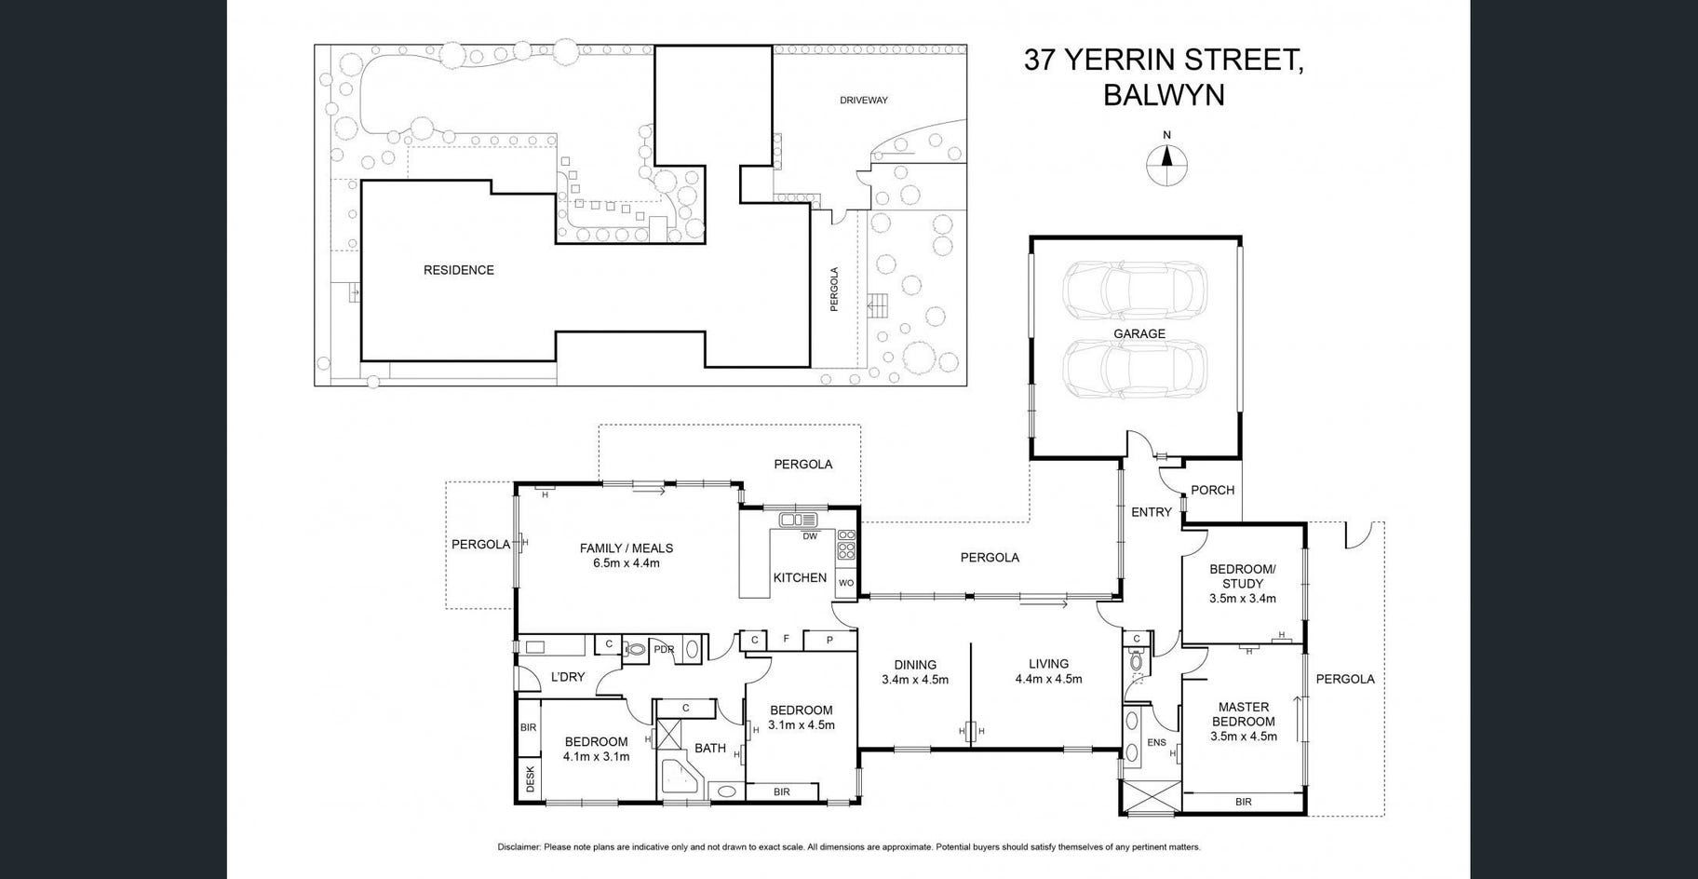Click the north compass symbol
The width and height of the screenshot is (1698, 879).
point(1166,160)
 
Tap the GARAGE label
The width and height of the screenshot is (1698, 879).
point(1139,333)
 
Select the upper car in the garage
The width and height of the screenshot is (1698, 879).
point(1135,291)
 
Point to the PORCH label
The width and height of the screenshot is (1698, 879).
point(1212,490)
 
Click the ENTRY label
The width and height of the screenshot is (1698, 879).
point(1152,512)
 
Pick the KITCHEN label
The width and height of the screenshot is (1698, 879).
point(800,577)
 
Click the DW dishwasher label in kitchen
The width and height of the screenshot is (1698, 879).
point(810,535)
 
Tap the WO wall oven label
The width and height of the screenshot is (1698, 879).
point(846,583)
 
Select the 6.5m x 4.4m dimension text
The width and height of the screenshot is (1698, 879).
point(627,562)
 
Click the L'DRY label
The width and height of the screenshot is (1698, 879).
point(567,677)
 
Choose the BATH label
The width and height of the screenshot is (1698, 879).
point(710,748)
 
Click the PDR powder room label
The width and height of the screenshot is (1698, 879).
point(664,649)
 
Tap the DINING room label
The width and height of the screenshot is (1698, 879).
point(915,665)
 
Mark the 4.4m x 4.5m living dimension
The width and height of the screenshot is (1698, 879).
point(1048,679)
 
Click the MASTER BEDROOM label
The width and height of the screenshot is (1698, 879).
point(1243,714)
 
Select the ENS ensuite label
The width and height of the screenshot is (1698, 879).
point(1156,743)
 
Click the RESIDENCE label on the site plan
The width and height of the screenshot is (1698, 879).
point(459,270)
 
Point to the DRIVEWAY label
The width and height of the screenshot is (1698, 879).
point(864,100)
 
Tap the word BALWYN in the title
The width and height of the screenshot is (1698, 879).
point(1164,95)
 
